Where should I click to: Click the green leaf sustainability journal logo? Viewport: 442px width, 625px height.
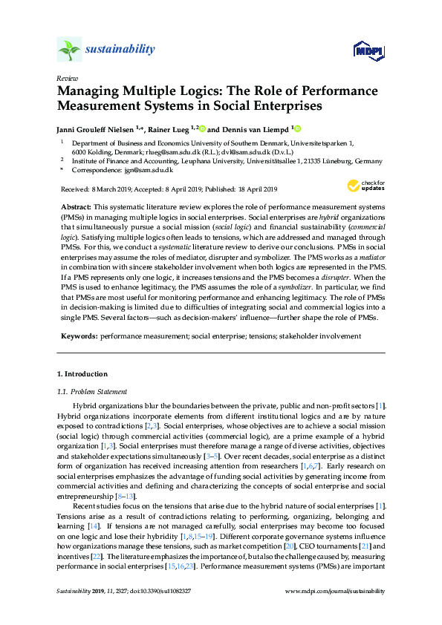(69, 50)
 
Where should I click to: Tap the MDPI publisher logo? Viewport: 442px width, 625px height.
(368, 50)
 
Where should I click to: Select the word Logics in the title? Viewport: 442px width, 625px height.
(195, 91)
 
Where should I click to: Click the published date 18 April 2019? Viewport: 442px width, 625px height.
(251, 189)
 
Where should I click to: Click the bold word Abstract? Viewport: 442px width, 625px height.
(74, 204)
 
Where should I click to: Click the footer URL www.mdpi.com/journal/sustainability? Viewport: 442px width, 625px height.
(336, 592)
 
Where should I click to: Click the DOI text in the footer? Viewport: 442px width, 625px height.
(156, 592)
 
